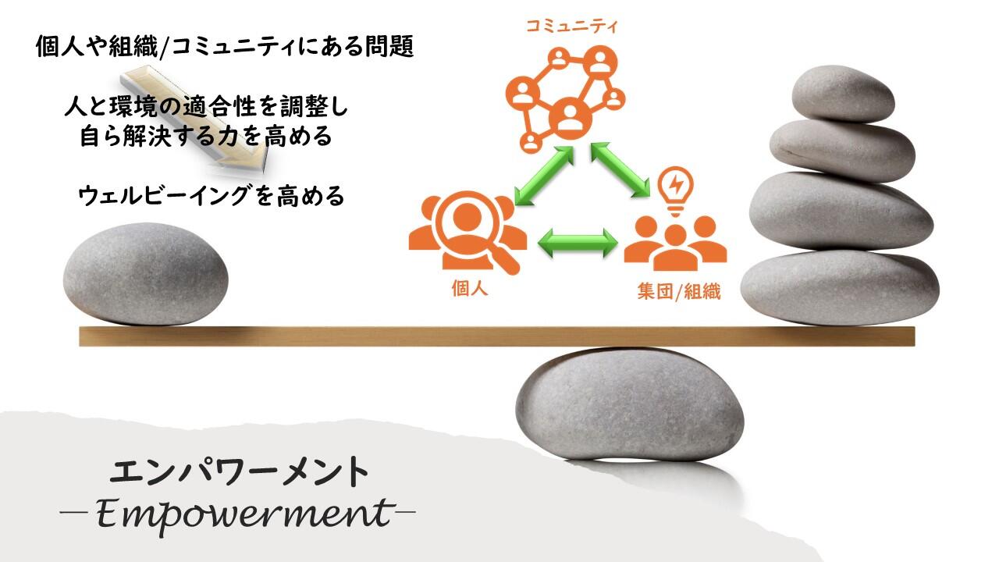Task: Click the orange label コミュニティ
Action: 571,27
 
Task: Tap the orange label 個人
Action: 470,289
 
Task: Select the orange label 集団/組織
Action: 679,292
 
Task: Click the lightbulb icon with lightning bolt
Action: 676,191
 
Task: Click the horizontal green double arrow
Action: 578,243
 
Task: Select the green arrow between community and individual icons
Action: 544,176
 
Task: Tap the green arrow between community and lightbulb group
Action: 620,170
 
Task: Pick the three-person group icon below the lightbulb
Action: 675,243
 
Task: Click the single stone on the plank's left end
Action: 145,274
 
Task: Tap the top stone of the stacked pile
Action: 843,94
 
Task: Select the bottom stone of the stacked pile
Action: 840,287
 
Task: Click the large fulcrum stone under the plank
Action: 630,404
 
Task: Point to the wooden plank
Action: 497,336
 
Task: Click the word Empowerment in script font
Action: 244,514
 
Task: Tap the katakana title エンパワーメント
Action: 239,472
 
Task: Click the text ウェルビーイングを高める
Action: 212,196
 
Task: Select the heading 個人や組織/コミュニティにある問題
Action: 225,47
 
